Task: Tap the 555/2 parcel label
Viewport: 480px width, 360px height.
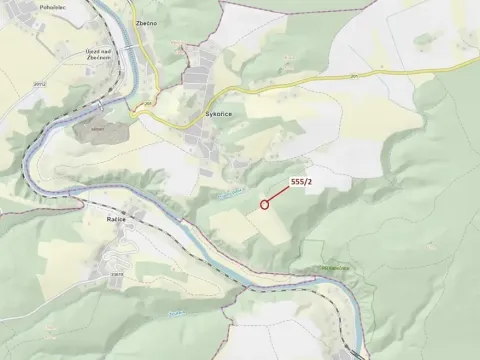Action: pos(302,181)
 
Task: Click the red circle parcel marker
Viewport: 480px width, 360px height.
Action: pos(264,205)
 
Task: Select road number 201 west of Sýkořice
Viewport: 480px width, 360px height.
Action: pos(149,103)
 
